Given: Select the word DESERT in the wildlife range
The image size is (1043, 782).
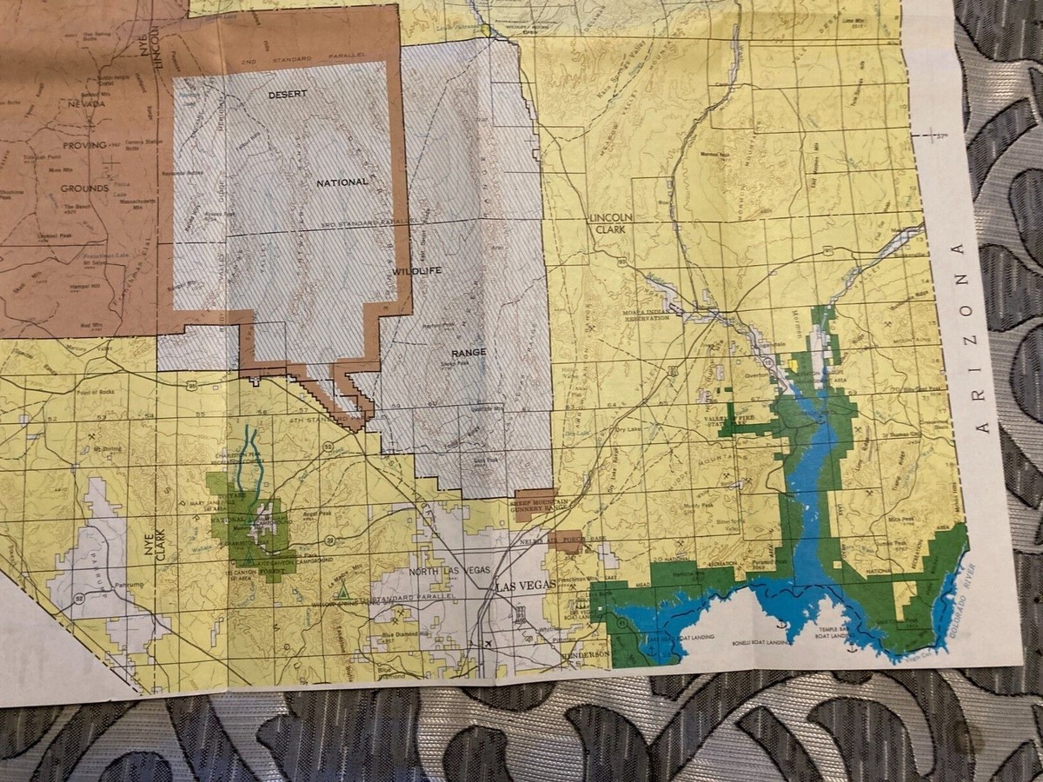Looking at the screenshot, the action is [288, 93].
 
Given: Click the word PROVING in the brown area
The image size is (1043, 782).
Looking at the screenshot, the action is [83, 145].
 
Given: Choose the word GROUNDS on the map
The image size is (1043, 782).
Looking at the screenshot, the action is [84, 188].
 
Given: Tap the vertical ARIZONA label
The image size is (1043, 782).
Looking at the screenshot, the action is [983, 338].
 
